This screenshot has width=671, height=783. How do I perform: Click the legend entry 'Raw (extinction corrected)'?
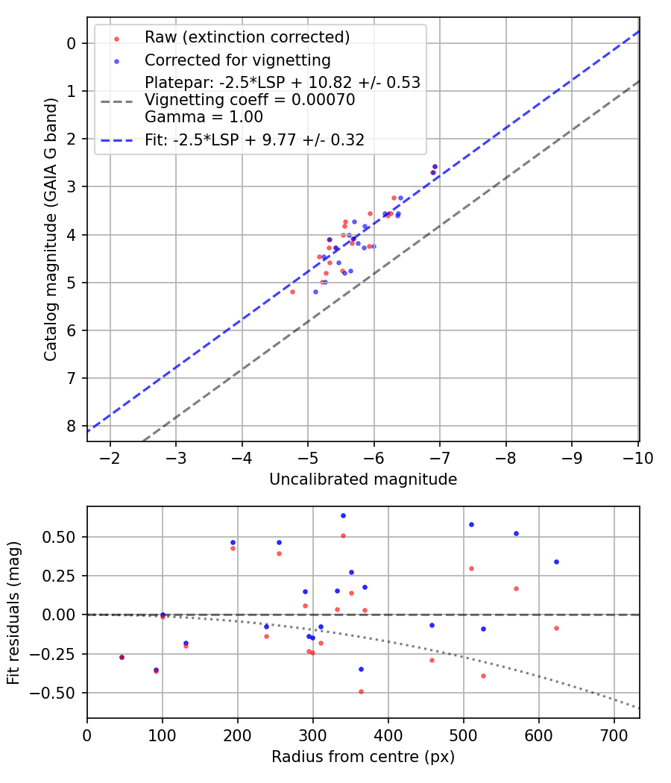tap(247, 37)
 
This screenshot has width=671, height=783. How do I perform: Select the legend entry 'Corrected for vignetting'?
tap(238, 60)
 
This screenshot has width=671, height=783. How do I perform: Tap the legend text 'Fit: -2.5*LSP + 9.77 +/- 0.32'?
tap(254, 139)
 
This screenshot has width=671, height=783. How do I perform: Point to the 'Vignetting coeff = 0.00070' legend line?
tap(250, 100)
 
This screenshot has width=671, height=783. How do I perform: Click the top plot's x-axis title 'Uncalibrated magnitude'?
tap(363, 479)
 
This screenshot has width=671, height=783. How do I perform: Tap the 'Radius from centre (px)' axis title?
tap(363, 757)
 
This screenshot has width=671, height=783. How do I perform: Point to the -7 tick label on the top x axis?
tap(440, 458)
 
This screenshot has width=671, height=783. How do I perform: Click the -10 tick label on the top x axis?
tap(634, 458)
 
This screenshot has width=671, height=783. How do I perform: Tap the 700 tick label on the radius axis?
tap(614, 735)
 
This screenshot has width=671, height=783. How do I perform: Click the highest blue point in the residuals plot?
tap(343, 515)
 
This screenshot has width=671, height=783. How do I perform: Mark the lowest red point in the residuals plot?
tap(361, 691)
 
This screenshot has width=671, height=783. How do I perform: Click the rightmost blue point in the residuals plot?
tap(556, 562)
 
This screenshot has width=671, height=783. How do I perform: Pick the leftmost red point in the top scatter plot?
tap(292, 292)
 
